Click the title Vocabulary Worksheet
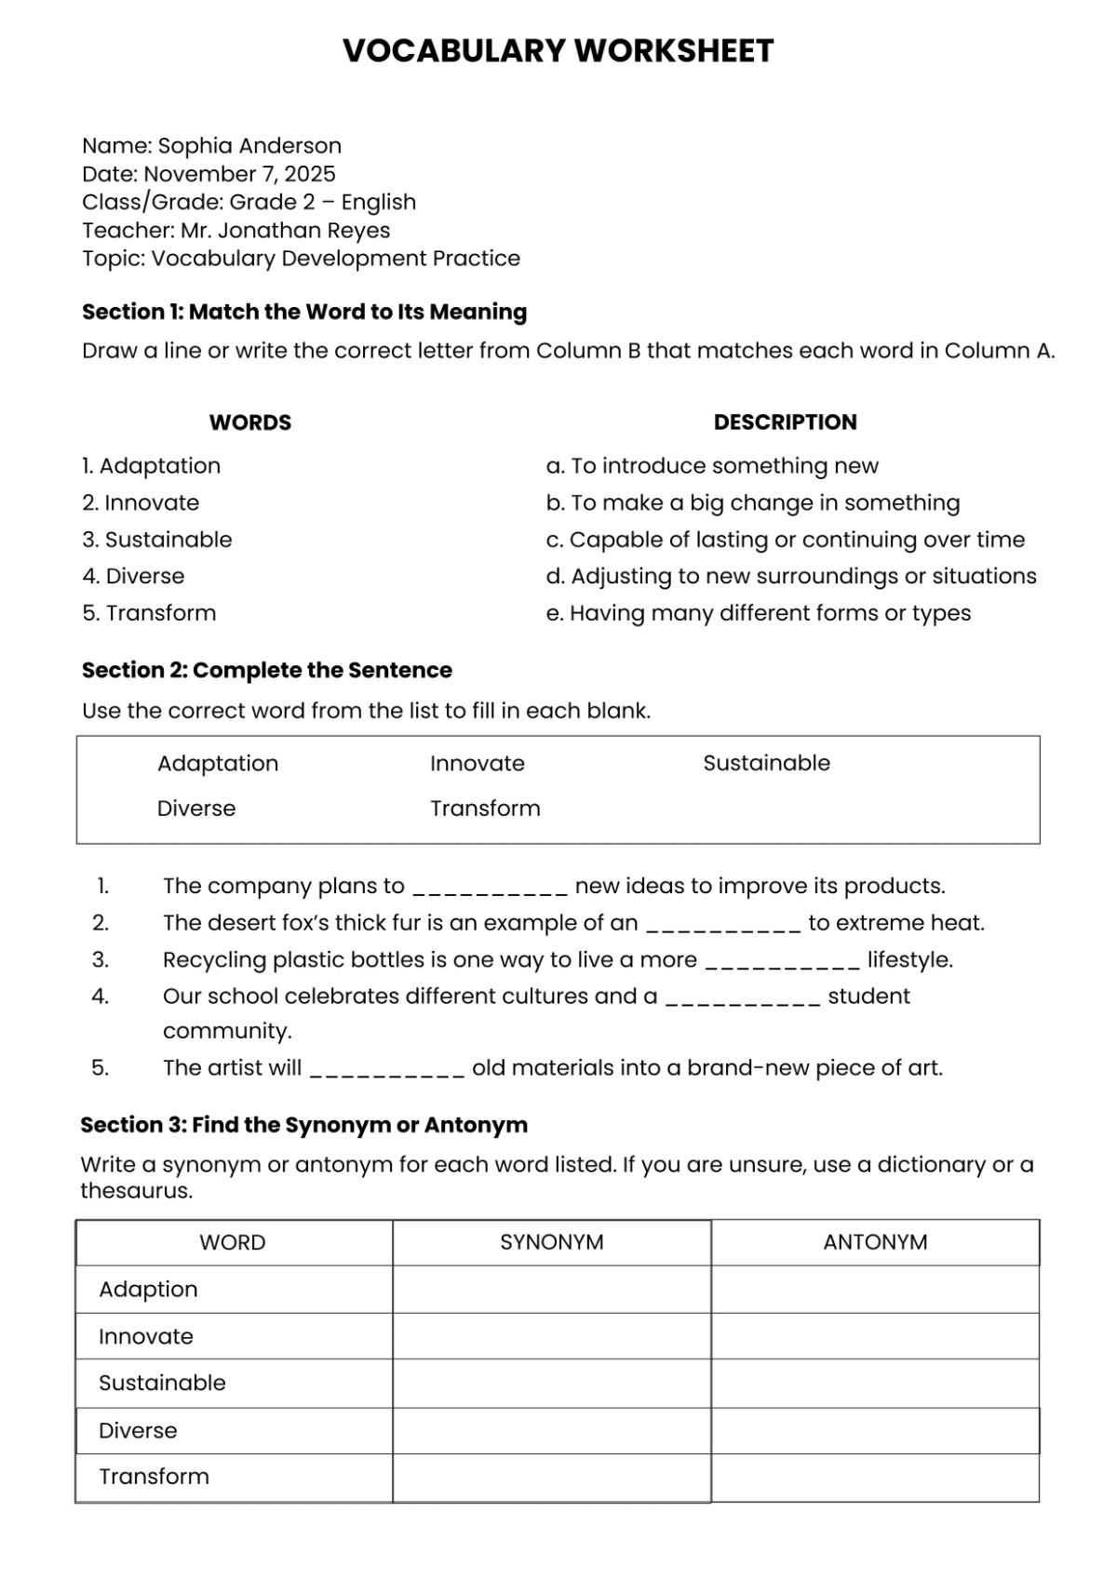[558, 50]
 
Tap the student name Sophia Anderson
[249, 146]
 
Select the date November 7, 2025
[239, 174]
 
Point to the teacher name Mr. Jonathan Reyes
[285, 230]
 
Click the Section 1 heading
[304, 312]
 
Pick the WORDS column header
[249, 422]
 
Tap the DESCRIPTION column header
[785, 422]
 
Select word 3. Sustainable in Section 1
[157, 540]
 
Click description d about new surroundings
[791, 576]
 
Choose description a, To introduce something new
[712, 466]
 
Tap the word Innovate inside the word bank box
[477, 764]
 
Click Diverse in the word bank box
[195, 809]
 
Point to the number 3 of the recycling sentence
[101, 960]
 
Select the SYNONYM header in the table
[551, 1243]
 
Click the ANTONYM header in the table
[875, 1243]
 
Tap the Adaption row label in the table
[148, 1290]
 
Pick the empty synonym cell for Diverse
[551, 1431]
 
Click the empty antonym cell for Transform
[875, 1478]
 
